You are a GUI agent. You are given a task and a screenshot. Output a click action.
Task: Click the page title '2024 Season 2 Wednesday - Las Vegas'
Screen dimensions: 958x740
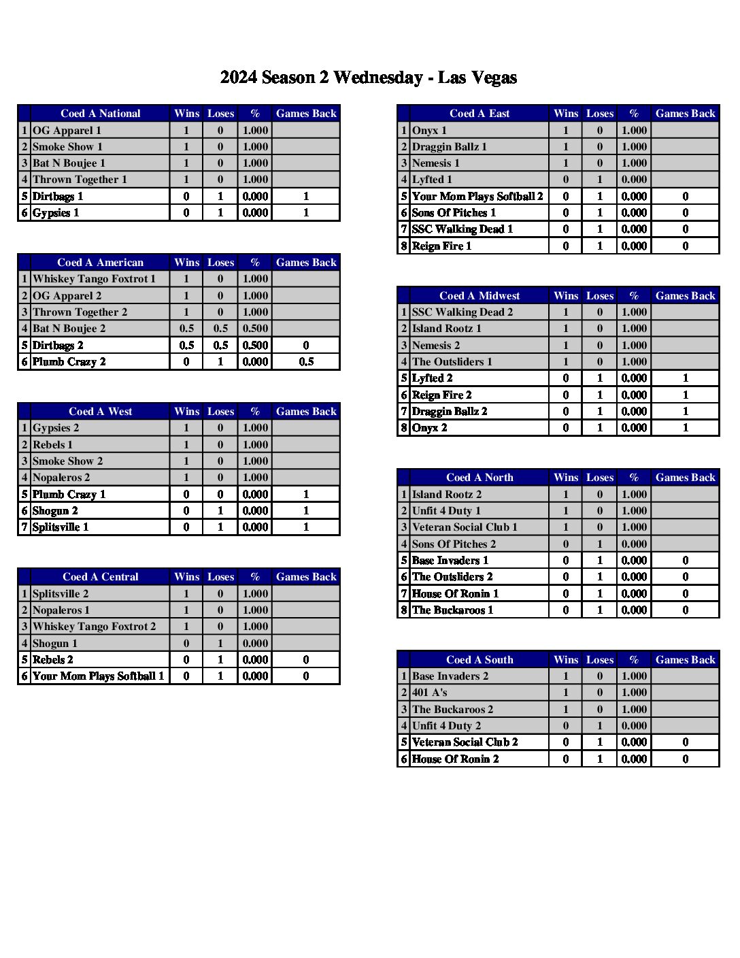click(x=368, y=78)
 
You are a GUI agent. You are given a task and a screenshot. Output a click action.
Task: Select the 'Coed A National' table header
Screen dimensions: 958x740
click(x=100, y=114)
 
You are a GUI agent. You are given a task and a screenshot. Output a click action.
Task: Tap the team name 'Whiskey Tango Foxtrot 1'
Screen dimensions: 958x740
click(x=94, y=279)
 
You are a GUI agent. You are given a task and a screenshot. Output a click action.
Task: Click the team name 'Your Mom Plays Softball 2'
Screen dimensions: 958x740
click(x=477, y=197)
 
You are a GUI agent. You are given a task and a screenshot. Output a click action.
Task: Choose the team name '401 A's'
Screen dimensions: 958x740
click(x=429, y=693)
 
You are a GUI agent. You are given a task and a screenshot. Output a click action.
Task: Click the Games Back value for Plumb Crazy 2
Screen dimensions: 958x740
click(x=306, y=362)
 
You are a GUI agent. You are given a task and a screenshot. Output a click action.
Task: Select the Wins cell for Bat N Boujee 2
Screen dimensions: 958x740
click(x=186, y=329)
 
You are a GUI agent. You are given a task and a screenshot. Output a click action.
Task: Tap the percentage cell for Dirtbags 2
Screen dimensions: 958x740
click(x=255, y=346)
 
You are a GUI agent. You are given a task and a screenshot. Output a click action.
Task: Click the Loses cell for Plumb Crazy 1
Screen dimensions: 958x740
click(x=220, y=495)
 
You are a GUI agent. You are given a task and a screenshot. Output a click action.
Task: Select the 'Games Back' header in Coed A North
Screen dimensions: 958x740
click(x=685, y=478)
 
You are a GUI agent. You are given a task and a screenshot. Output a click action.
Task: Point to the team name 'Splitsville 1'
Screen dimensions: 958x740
click(x=61, y=527)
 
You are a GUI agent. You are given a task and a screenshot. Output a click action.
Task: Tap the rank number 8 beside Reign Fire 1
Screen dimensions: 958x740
click(x=404, y=246)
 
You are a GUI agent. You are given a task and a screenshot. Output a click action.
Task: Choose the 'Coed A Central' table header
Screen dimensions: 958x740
click(x=100, y=577)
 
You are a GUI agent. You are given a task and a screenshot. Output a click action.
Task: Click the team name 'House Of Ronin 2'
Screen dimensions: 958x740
click(x=455, y=759)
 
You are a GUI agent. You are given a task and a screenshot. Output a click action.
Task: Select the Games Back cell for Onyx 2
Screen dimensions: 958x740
click(x=685, y=428)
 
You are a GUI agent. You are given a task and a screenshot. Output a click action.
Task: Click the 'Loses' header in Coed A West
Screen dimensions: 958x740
click(x=220, y=412)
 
